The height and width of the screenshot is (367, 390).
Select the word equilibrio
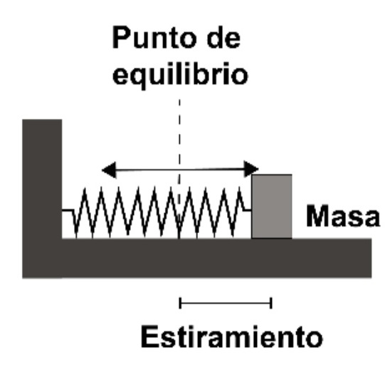click(180, 75)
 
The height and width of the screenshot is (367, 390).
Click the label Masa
click(343, 216)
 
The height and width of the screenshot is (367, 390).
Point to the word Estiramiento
click(232, 336)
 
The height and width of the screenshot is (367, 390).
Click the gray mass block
click(272, 207)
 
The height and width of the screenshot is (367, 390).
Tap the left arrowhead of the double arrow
click(109, 170)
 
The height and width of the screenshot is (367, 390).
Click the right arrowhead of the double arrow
click(251, 169)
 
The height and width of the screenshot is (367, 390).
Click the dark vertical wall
click(42, 199)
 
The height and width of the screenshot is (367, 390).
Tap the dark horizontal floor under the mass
click(216, 258)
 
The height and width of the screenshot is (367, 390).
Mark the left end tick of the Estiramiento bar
click(180, 303)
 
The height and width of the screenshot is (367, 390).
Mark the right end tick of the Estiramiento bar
click(271, 303)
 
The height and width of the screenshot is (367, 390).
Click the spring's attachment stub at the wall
click(68, 210)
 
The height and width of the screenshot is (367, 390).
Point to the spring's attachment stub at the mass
click(248, 210)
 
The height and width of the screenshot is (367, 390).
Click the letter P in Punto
click(121, 37)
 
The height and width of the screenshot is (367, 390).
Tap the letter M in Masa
click(318, 216)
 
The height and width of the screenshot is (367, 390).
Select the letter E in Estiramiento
click(149, 336)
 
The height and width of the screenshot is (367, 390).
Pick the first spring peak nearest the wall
click(85, 189)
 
